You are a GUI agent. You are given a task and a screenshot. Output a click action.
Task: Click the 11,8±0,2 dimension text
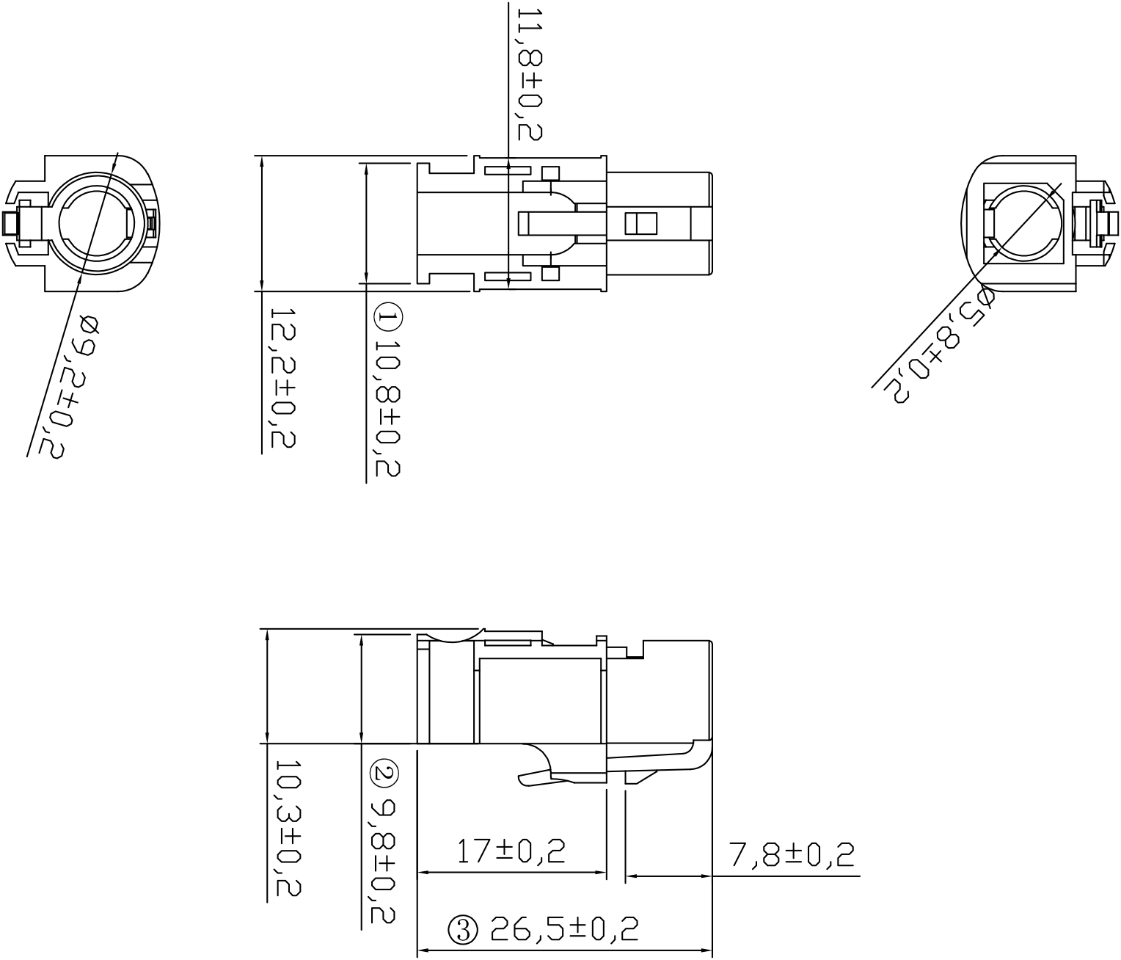[528, 73]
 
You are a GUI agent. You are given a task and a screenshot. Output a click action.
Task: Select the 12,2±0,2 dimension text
[282, 377]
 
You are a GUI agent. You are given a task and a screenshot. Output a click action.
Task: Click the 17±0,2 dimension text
[511, 851]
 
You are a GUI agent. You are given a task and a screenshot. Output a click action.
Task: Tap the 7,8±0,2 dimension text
[792, 854]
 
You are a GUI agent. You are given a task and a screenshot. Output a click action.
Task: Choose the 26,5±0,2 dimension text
[564, 929]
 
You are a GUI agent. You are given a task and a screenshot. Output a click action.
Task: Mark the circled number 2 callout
[383, 774]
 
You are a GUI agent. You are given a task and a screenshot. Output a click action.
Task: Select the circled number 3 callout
[462, 930]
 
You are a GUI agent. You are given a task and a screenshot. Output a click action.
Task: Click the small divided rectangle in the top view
[640, 223]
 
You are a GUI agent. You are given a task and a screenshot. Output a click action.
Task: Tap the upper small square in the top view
[549, 174]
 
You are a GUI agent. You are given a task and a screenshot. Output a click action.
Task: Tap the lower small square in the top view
[549, 274]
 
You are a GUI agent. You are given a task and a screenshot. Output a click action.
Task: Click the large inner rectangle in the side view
[539, 700]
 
